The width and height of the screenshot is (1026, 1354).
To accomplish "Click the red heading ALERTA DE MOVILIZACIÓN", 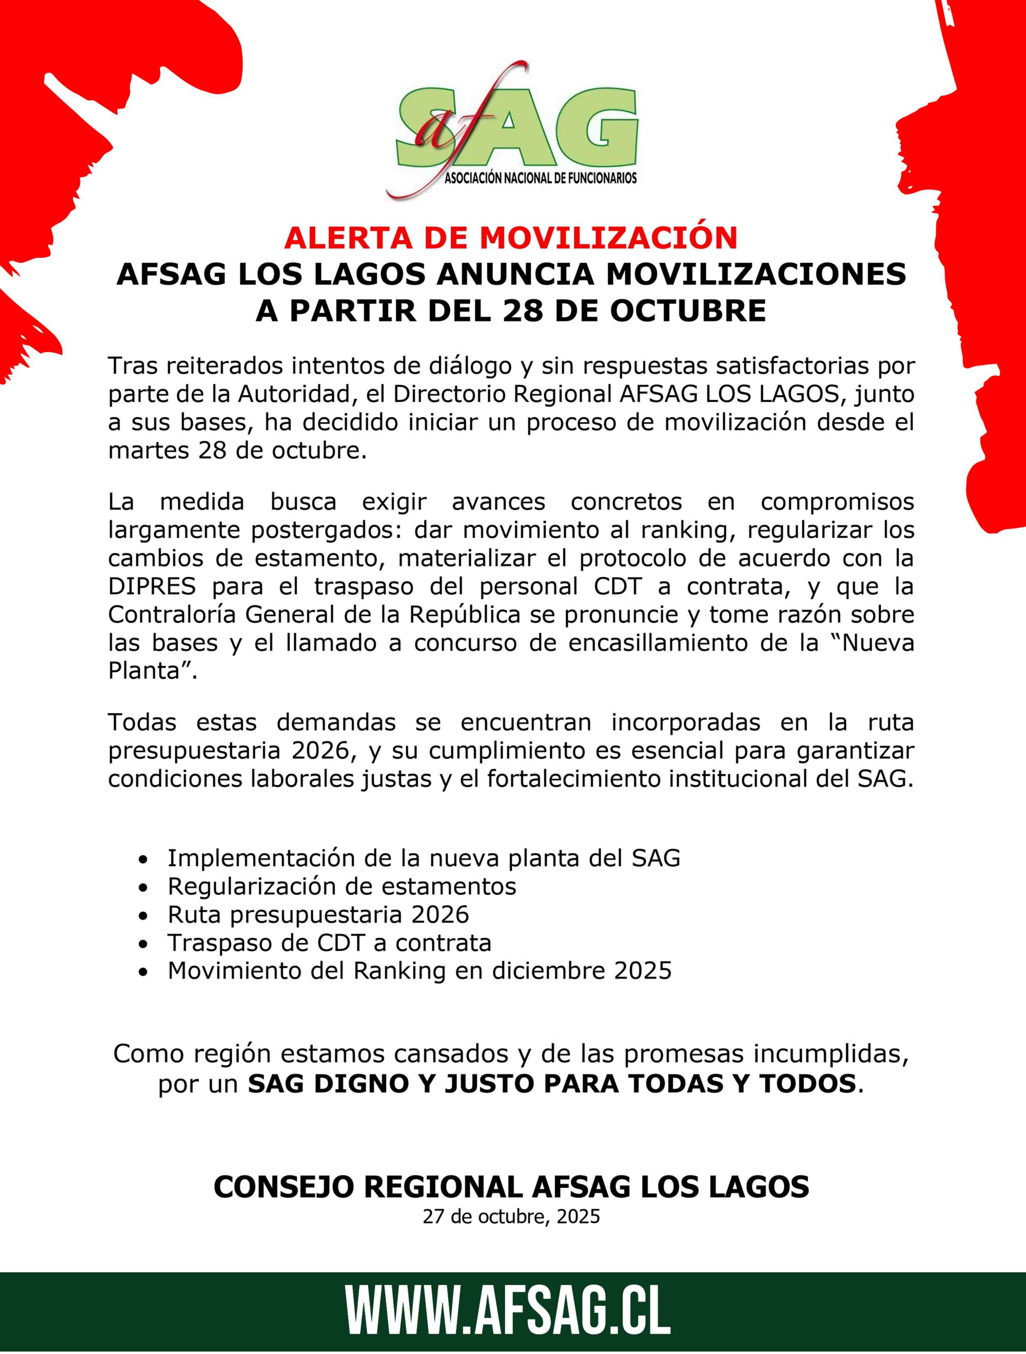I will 511,238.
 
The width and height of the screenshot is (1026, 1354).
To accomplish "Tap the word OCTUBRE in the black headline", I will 687,311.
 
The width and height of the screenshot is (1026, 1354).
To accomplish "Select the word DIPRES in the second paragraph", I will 152,586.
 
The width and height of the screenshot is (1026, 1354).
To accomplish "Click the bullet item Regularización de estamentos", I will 341,886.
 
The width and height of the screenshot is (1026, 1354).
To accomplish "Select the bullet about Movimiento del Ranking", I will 419,971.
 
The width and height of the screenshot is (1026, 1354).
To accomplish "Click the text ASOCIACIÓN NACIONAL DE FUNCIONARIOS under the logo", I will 540,178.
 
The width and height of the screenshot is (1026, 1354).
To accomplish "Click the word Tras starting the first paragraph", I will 133,366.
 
